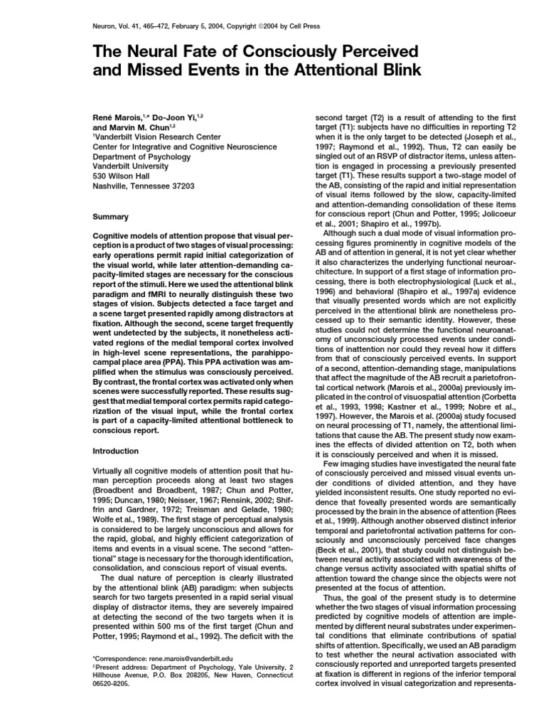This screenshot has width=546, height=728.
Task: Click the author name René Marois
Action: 118,115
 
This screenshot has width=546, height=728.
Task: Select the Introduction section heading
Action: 117,451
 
